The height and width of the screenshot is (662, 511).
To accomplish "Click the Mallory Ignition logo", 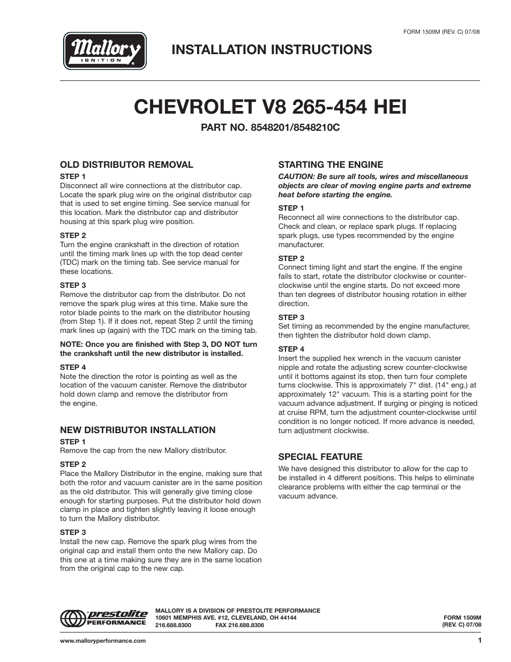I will [x=105, y=51].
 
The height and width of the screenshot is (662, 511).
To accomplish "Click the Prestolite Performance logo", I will [x=103, y=618].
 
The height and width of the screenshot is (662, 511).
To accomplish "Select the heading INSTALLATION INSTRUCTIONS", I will [x=272, y=49].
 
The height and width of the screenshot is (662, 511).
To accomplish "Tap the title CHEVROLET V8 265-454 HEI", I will [x=270, y=107].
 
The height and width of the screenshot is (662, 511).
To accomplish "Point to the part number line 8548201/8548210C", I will [x=270, y=129].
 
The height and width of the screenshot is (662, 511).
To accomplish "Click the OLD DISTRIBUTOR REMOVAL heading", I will [x=126, y=165].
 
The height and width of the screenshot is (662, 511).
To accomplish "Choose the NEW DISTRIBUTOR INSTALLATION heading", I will [x=138, y=430].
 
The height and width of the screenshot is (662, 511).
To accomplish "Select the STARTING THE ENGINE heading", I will [x=330, y=165].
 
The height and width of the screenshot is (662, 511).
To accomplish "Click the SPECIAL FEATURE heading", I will [x=320, y=457].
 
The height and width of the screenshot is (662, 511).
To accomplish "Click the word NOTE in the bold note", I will [x=71, y=344].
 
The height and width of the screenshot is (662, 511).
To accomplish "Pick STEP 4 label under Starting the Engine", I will [x=291, y=349].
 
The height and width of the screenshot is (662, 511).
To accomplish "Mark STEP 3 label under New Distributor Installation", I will [x=73, y=532].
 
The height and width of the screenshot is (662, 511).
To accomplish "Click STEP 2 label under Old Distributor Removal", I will [x=73, y=235].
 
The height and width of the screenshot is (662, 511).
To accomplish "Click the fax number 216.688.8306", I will [x=247, y=625].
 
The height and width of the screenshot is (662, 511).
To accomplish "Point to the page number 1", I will [x=479, y=641].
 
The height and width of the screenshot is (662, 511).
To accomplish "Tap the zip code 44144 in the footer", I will [x=287, y=618].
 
